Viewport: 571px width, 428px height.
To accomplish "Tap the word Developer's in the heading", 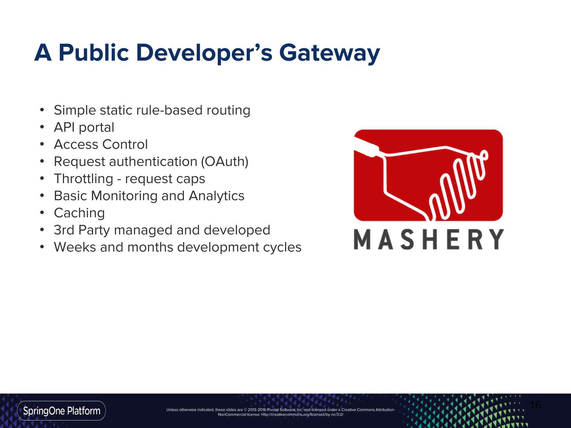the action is [204, 53].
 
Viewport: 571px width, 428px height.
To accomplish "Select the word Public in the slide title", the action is [94, 53].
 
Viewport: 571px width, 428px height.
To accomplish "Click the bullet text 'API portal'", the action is [84, 127].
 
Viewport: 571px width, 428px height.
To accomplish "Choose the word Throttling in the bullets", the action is [84, 179].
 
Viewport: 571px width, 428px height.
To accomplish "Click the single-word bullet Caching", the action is [79, 213].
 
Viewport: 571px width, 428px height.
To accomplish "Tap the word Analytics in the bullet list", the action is [217, 196].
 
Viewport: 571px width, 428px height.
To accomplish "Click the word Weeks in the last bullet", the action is [75, 247].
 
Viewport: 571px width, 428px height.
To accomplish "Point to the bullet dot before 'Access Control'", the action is [42, 144].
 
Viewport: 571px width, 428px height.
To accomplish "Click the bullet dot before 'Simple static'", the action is [42, 110].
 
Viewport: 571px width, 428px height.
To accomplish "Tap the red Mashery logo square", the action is [428, 175].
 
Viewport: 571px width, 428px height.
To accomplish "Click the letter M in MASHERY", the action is [362, 239].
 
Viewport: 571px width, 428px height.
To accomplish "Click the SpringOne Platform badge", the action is [62, 411].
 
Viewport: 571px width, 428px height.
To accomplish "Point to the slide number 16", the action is [535, 405].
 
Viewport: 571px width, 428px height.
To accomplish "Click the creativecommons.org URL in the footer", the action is [302, 414].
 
